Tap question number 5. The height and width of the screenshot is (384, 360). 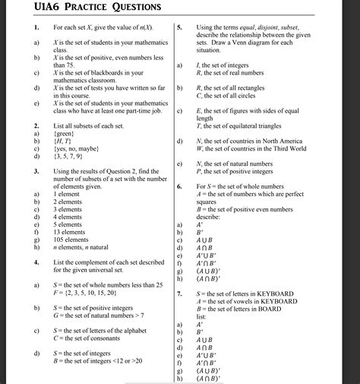(179, 28)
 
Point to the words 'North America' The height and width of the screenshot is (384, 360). (284, 141)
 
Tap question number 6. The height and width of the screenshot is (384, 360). (179, 186)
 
